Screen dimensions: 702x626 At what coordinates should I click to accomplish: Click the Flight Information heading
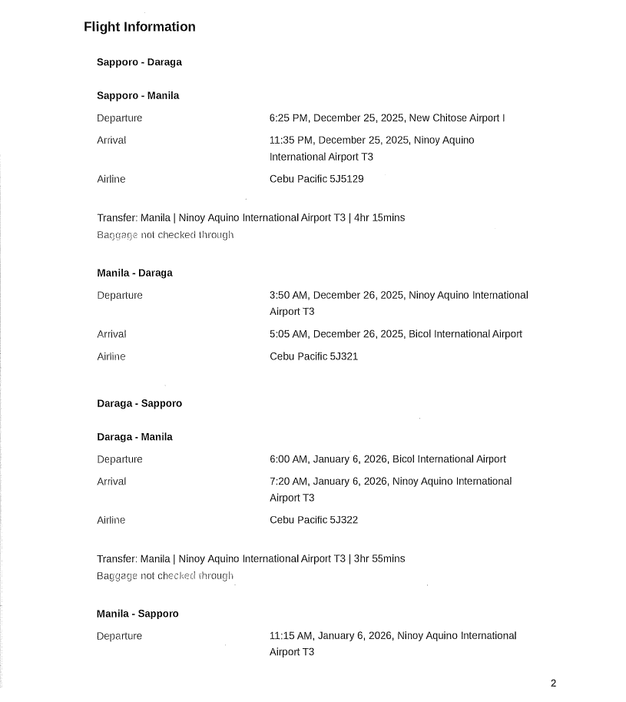tap(139, 27)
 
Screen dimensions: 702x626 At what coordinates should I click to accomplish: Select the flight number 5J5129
tap(346, 179)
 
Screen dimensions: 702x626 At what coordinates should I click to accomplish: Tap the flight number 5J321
tap(343, 356)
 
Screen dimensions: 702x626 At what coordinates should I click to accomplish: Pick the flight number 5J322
tap(343, 520)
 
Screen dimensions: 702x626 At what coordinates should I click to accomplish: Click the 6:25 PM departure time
tap(288, 118)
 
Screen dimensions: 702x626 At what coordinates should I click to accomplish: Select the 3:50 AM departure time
tap(288, 296)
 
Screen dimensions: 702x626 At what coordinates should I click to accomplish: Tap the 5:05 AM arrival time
tap(288, 334)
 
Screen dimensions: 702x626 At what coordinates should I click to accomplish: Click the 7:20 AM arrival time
tap(288, 482)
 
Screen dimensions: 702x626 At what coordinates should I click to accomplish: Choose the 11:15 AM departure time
tap(291, 636)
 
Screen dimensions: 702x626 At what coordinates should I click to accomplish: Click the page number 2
tap(553, 684)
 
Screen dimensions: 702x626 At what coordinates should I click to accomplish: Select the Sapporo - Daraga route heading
tap(139, 62)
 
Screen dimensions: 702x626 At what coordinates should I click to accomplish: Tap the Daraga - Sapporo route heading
tap(139, 403)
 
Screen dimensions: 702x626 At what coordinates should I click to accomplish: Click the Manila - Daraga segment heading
tap(134, 273)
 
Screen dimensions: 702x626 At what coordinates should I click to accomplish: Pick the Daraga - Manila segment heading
tap(134, 437)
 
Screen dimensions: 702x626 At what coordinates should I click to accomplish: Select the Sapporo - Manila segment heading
tap(137, 96)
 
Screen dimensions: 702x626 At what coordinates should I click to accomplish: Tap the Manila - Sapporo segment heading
tap(137, 614)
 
